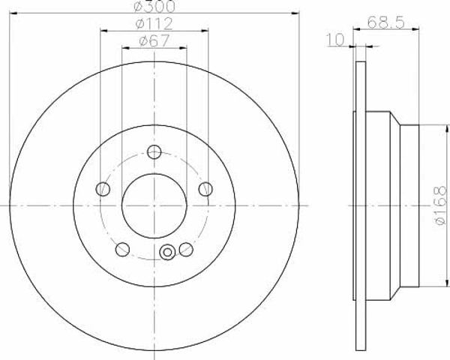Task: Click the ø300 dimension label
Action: (154, 6)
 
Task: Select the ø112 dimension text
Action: (154, 23)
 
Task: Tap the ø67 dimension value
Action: (154, 40)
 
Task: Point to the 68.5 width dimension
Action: (386, 22)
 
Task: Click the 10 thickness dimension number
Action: (335, 40)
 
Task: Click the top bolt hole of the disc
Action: (154, 151)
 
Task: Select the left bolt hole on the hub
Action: (103, 189)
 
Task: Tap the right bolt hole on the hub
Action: (205, 189)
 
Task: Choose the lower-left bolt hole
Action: (122, 249)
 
